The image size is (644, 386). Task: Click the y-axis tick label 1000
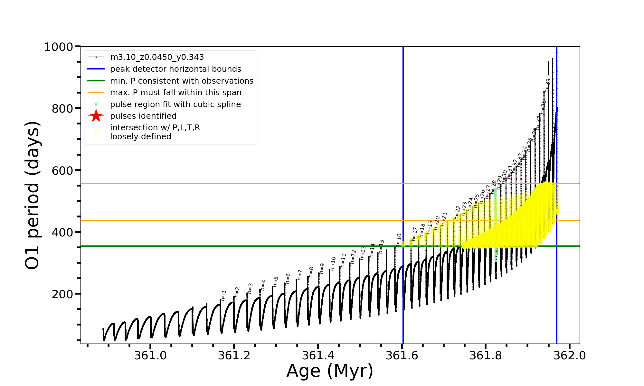click(x=59, y=47)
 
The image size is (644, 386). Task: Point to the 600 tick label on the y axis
click(x=62, y=170)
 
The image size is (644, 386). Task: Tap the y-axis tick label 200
click(x=62, y=294)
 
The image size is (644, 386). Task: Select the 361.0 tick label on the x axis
click(x=150, y=355)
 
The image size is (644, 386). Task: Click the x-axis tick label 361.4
click(x=318, y=355)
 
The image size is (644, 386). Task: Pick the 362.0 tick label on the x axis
click(x=570, y=355)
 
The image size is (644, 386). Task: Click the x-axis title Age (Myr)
click(x=330, y=371)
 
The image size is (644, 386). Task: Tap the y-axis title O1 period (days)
click(x=32, y=195)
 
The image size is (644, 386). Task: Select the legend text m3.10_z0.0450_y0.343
click(x=157, y=57)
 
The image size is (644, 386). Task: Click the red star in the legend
click(x=96, y=116)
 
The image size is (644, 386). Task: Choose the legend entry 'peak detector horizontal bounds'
click(x=175, y=69)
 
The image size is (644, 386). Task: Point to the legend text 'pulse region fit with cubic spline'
click(x=175, y=105)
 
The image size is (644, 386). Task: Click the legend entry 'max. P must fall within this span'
click(x=175, y=93)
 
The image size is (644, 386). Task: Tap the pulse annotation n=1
click(x=224, y=295)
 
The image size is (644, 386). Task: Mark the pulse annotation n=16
click(x=399, y=240)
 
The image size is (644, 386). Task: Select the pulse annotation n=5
click(x=276, y=281)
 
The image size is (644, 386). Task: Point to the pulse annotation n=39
click(x=548, y=85)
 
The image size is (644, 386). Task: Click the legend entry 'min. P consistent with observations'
click(x=182, y=81)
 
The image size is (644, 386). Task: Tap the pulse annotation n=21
click(x=444, y=219)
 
